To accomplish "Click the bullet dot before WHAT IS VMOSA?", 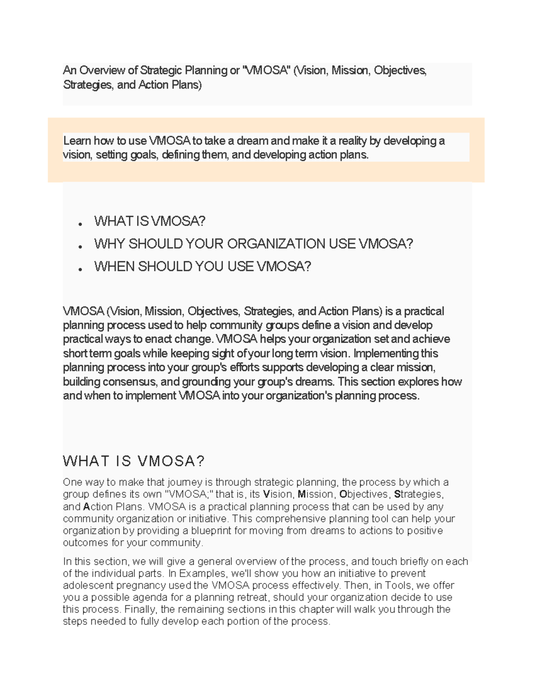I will (80, 224).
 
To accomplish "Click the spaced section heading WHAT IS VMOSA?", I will (134, 461).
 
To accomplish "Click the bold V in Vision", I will (267, 495).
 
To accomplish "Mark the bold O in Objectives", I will (343, 495).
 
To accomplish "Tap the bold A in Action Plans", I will (87, 507).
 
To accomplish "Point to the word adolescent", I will (85, 586).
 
